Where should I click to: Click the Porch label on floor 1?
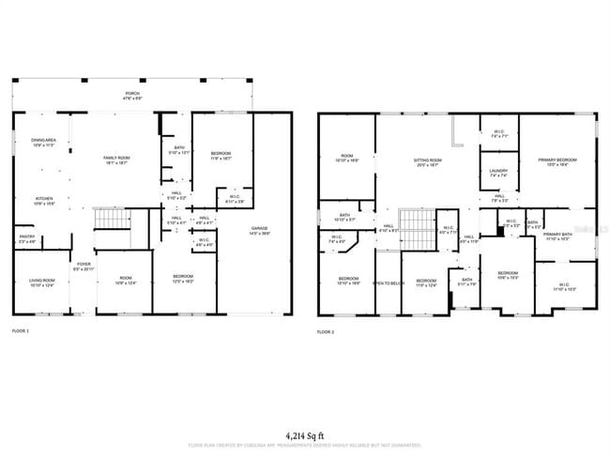(x=133, y=94)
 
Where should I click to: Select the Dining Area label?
(x=44, y=140)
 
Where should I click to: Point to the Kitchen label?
(x=44, y=199)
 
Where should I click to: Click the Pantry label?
(x=26, y=237)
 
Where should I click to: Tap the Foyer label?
(x=84, y=264)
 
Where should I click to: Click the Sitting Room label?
(x=428, y=160)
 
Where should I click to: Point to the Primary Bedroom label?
(x=557, y=160)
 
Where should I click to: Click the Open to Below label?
(x=389, y=282)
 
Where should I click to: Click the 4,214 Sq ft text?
(x=306, y=435)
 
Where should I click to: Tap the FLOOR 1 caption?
(x=21, y=332)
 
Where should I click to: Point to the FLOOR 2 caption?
(x=326, y=332)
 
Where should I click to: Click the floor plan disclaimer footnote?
(x=306, y=445)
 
